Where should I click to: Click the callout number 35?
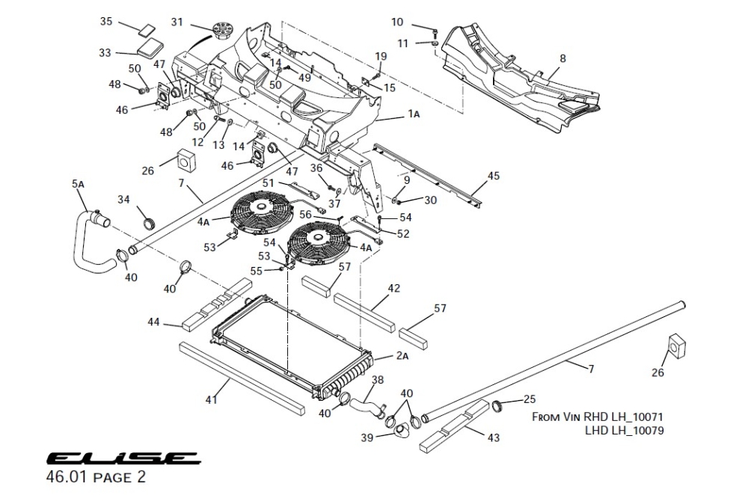pyautogui.click(x=106, y=22)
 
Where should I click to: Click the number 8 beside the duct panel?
pyautogui.click(x=562, y=58)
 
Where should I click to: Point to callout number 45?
pyautogui.click(x=493, y=176)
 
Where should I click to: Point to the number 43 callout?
pyautogui.click(x=493, y=437)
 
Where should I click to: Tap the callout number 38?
pyautogui.click(x=378, y=380)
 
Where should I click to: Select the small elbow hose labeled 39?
pyautogui.click(x=401, y=432)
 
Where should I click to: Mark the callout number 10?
pyautogui.click(x=397, y=22)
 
